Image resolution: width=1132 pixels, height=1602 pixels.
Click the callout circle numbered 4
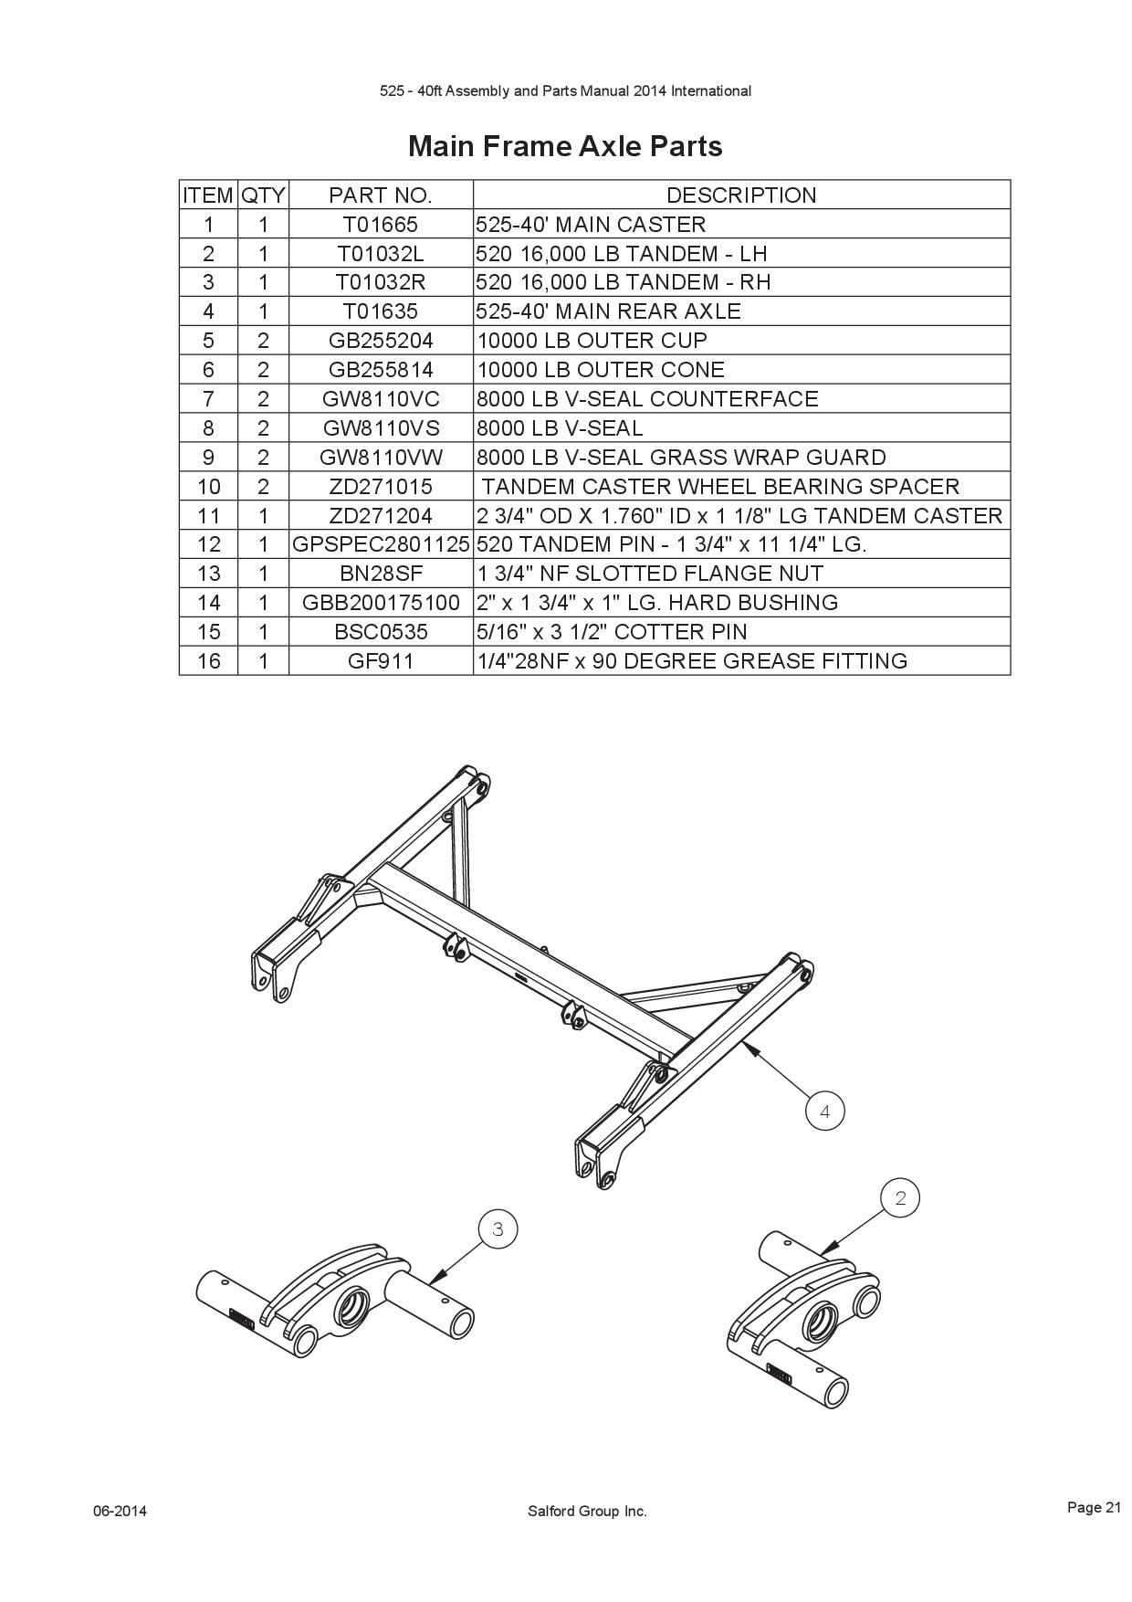point(825,1111)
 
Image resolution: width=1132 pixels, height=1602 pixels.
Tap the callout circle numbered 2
point(900,1197)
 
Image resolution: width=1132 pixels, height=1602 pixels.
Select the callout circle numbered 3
point(498,1228)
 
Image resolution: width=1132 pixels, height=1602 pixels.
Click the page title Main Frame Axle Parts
point(565,146)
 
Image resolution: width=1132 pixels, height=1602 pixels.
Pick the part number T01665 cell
point(380,224)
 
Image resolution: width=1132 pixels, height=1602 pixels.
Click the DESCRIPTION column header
point(741,195)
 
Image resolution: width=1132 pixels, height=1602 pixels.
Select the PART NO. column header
point(380,195)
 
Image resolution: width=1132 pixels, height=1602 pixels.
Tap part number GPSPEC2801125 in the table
point(380,544)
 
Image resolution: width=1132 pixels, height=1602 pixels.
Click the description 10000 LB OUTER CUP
point(592,341)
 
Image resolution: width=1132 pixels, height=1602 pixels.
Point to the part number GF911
point(380,661)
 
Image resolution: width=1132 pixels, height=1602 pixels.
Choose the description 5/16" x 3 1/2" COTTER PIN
point(612,632)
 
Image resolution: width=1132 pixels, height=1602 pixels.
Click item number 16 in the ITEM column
point(208,661)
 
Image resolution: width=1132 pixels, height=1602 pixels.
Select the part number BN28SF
point(380,574)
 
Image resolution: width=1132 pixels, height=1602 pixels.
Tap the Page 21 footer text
point(1094,1507)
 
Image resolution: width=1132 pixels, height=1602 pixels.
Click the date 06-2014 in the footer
point(120,1511)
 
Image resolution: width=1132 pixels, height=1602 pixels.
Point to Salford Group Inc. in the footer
point(587,1511)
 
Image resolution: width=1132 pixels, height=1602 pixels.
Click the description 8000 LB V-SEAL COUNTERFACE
point(647,399)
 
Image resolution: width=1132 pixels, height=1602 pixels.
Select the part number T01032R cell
point(380,282)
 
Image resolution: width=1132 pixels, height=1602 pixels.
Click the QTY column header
point(263,195)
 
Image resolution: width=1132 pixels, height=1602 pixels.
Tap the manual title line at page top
point(565,91)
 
